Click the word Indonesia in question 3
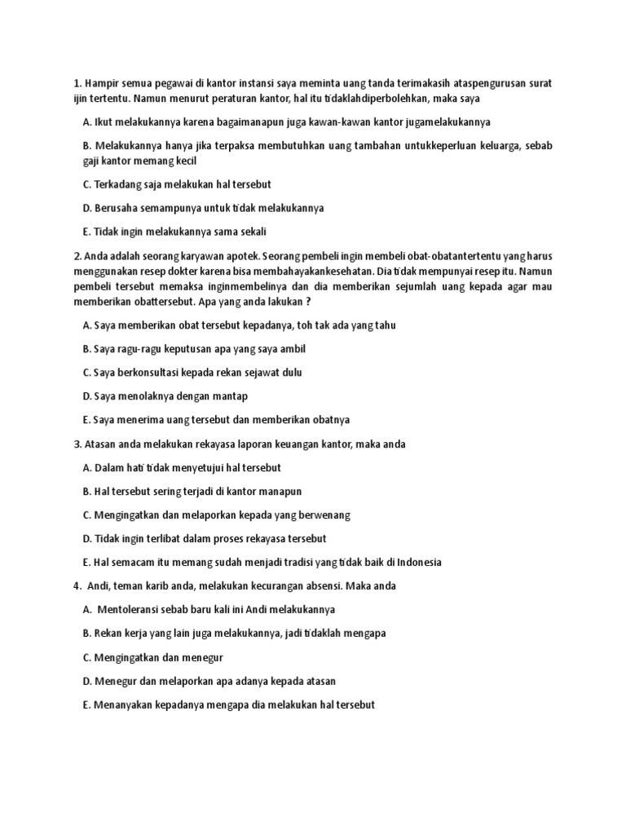[x=417, y=563]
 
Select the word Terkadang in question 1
[x=119, y=184]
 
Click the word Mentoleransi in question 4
[x=130, y=610]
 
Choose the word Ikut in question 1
[x=104, y=122]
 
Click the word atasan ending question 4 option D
[x=319, y=681]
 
